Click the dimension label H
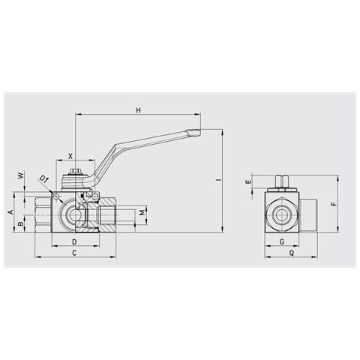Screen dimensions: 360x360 [138, 110]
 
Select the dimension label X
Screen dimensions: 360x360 [70, 156]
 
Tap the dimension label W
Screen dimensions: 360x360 [21, 175]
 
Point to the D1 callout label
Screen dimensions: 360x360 [44, 179]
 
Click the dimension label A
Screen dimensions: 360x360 [10, 212]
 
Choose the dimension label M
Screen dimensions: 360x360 [142, 213]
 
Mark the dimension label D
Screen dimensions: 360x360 [74, 242]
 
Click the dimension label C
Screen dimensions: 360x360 [74, 253]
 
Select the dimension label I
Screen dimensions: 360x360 [219, 180]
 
